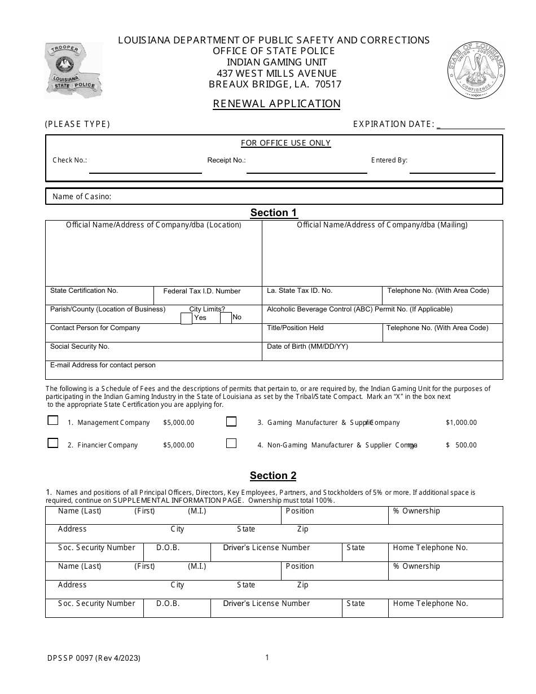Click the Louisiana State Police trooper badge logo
point(73,70)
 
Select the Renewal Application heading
point(276,104)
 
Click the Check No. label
point(70,160)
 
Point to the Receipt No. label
point(226,160)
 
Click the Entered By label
point(389,160)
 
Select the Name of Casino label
point(82,197)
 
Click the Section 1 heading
point(274,213)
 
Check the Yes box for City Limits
point(186,318)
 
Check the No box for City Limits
point(226,318)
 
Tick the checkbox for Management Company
point(53,420)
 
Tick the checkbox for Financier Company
point(53,443)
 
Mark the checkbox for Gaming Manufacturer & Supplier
point(231,421)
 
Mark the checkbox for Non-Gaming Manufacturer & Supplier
point(231,443)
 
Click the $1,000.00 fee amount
point(461,423)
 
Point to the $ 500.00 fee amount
point(461,445)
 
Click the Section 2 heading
point(273,476)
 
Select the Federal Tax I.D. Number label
point(202,291)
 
